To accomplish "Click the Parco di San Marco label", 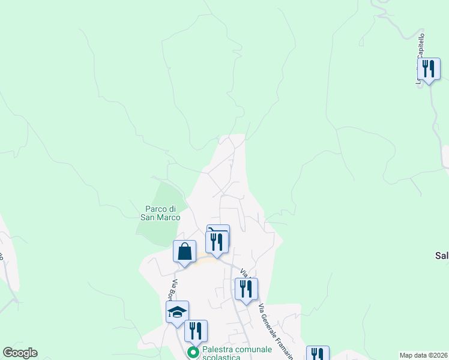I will coord(160,213).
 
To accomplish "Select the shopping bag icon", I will coord(185,251).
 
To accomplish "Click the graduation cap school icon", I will coord(177,311).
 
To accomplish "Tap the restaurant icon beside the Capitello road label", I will coord(429,68).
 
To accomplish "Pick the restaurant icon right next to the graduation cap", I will coord(196,331).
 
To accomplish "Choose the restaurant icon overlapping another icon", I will coord(217,241).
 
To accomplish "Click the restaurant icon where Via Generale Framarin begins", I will coord(246,289).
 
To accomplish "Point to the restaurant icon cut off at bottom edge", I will coord(318,353).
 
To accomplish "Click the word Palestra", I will coord(219,349).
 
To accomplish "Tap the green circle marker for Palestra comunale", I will coord(193,353).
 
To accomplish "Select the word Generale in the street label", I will coord(270,325).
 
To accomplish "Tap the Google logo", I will coord(20,353).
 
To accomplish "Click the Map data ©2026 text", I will coord(423,355).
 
